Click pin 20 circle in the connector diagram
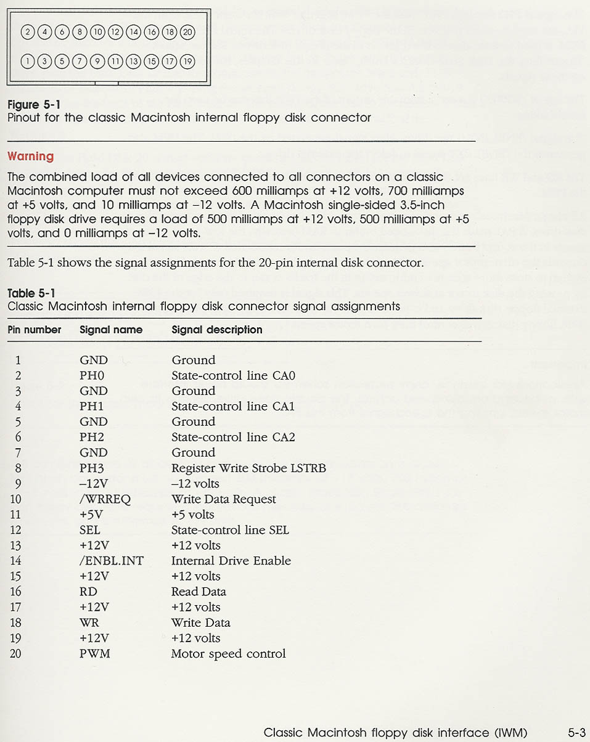188,33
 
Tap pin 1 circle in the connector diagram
27,60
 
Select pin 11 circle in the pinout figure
115,60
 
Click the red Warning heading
30,157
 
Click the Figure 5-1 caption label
33,105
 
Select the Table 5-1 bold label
31,293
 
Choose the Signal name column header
111,330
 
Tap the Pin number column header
35,330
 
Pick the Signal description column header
217,330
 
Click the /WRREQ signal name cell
105,499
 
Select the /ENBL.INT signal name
111,561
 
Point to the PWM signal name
94,653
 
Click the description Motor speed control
228,653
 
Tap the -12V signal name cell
94,484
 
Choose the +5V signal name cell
91,515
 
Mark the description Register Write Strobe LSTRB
248,468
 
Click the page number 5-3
576,733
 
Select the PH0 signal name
92,376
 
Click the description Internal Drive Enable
231,561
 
